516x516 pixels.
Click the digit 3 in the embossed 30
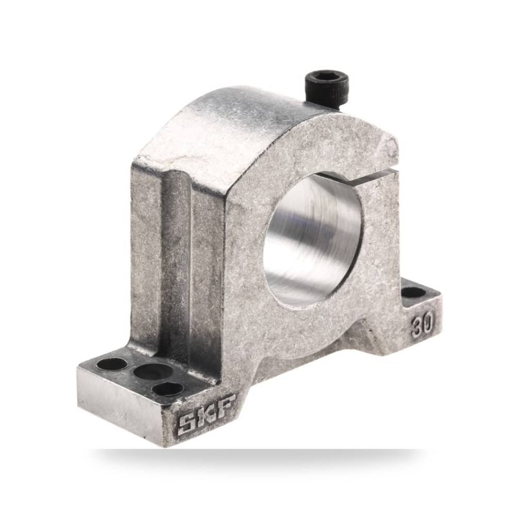pyautogui.click(x=417, y=328)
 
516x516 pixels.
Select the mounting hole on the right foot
pyautogui.click(x=414, y=292)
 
